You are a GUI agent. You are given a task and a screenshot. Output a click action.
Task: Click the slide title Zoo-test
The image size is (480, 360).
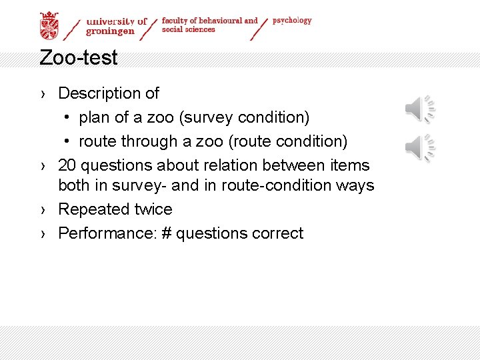pyautogui.click(x=78, y=58)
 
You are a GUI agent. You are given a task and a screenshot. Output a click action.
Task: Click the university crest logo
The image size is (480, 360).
pyautogui.click(x=49, y=25)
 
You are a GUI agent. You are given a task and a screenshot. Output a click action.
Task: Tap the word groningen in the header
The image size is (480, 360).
pyautogui.click(x=111, y=31)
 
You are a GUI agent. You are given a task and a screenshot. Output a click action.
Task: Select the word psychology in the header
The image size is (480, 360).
pyautogui.click(x=292, y=21)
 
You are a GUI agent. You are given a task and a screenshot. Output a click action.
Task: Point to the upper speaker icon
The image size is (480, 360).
pyautogui.click(x=420, y=109)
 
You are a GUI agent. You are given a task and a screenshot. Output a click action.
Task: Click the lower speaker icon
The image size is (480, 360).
pyautogui.click(x=420, y=147)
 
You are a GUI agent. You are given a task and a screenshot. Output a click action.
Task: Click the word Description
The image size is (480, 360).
pyautogui.click(x=100, y=93)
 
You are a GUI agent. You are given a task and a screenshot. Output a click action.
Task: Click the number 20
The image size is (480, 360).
pyautogui.click(x=68, y=165)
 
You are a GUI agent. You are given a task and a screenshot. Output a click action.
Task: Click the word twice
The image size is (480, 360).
pyautogui.click(x=152, y=209)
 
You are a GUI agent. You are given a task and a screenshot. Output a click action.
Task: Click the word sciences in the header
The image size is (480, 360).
pyautogui.click(x=200, y=30)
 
